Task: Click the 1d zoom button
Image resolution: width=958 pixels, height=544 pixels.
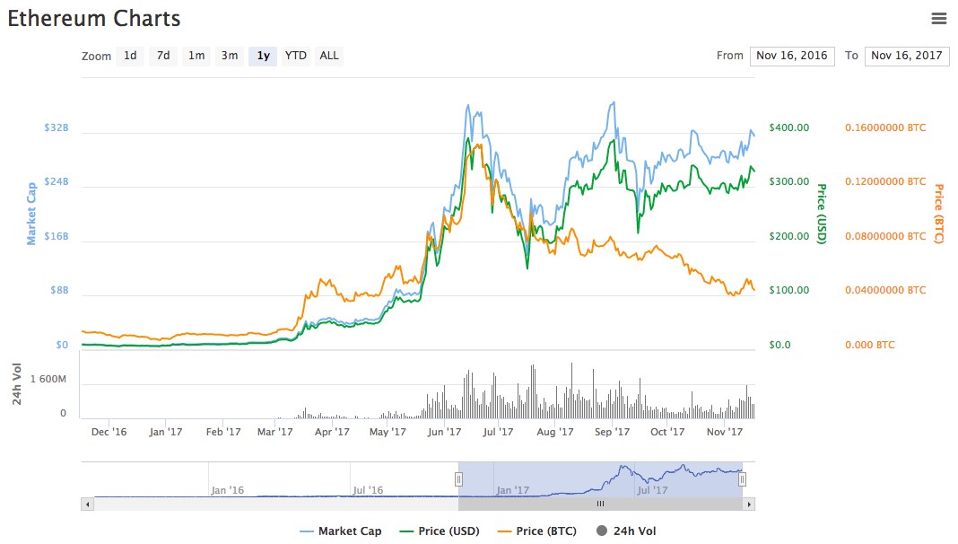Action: pos(130,56)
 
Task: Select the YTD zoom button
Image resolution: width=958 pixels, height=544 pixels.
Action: pos(295,56)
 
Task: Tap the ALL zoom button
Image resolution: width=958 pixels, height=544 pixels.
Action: pos(329,56)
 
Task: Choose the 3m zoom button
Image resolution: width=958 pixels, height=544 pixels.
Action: pos(230,56)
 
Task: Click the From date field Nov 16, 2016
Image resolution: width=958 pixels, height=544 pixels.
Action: pos(792,56)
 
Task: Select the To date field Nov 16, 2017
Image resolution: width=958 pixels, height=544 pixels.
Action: pos(907,56)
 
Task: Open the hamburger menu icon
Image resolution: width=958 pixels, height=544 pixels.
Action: pos(939,19)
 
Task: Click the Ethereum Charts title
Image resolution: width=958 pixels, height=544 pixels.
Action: pos(94,19)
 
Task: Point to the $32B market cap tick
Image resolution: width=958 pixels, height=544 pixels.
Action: pos(57,127)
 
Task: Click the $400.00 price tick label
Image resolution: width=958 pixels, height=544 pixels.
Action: pos(789,127)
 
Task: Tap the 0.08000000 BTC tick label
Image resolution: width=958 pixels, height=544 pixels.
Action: pos(885,236)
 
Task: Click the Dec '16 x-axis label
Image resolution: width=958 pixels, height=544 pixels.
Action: pos(109,432)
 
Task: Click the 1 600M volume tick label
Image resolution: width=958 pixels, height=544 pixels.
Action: pos(48,380)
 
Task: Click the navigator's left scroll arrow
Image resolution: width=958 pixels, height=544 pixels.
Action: pos(87,505)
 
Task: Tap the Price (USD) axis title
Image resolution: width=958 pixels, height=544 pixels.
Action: pos(821,214)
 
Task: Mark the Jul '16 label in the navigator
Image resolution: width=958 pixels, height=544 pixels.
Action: pos(368,490)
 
